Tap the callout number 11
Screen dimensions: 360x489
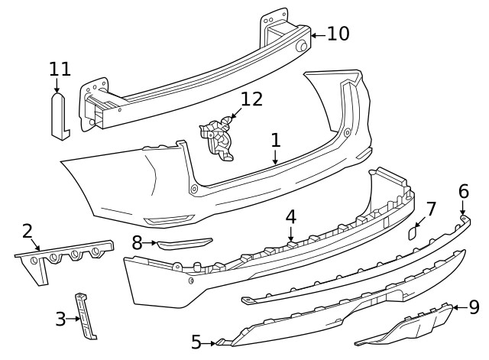click(x=60, y=70)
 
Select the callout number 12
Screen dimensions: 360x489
click(x=251, y=99)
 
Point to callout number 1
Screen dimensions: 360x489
click(x=276, y=141)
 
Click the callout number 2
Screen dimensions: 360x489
click(x=28, y=231)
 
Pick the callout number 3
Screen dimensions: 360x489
click(x=60, y=319)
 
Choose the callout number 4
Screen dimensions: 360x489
click(x=291, y=216)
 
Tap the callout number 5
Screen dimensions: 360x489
click(x=196, y=342)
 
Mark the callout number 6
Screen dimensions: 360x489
click(x=464, y=190)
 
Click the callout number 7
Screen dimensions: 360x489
click(x=431, y=209)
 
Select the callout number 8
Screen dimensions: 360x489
click(x=137, y=244)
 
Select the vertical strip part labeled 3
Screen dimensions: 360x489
click(x=86, y=315)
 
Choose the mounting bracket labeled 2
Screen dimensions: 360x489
click(x=65, y=256)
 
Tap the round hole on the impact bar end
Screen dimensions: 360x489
click(x=303, y=47)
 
